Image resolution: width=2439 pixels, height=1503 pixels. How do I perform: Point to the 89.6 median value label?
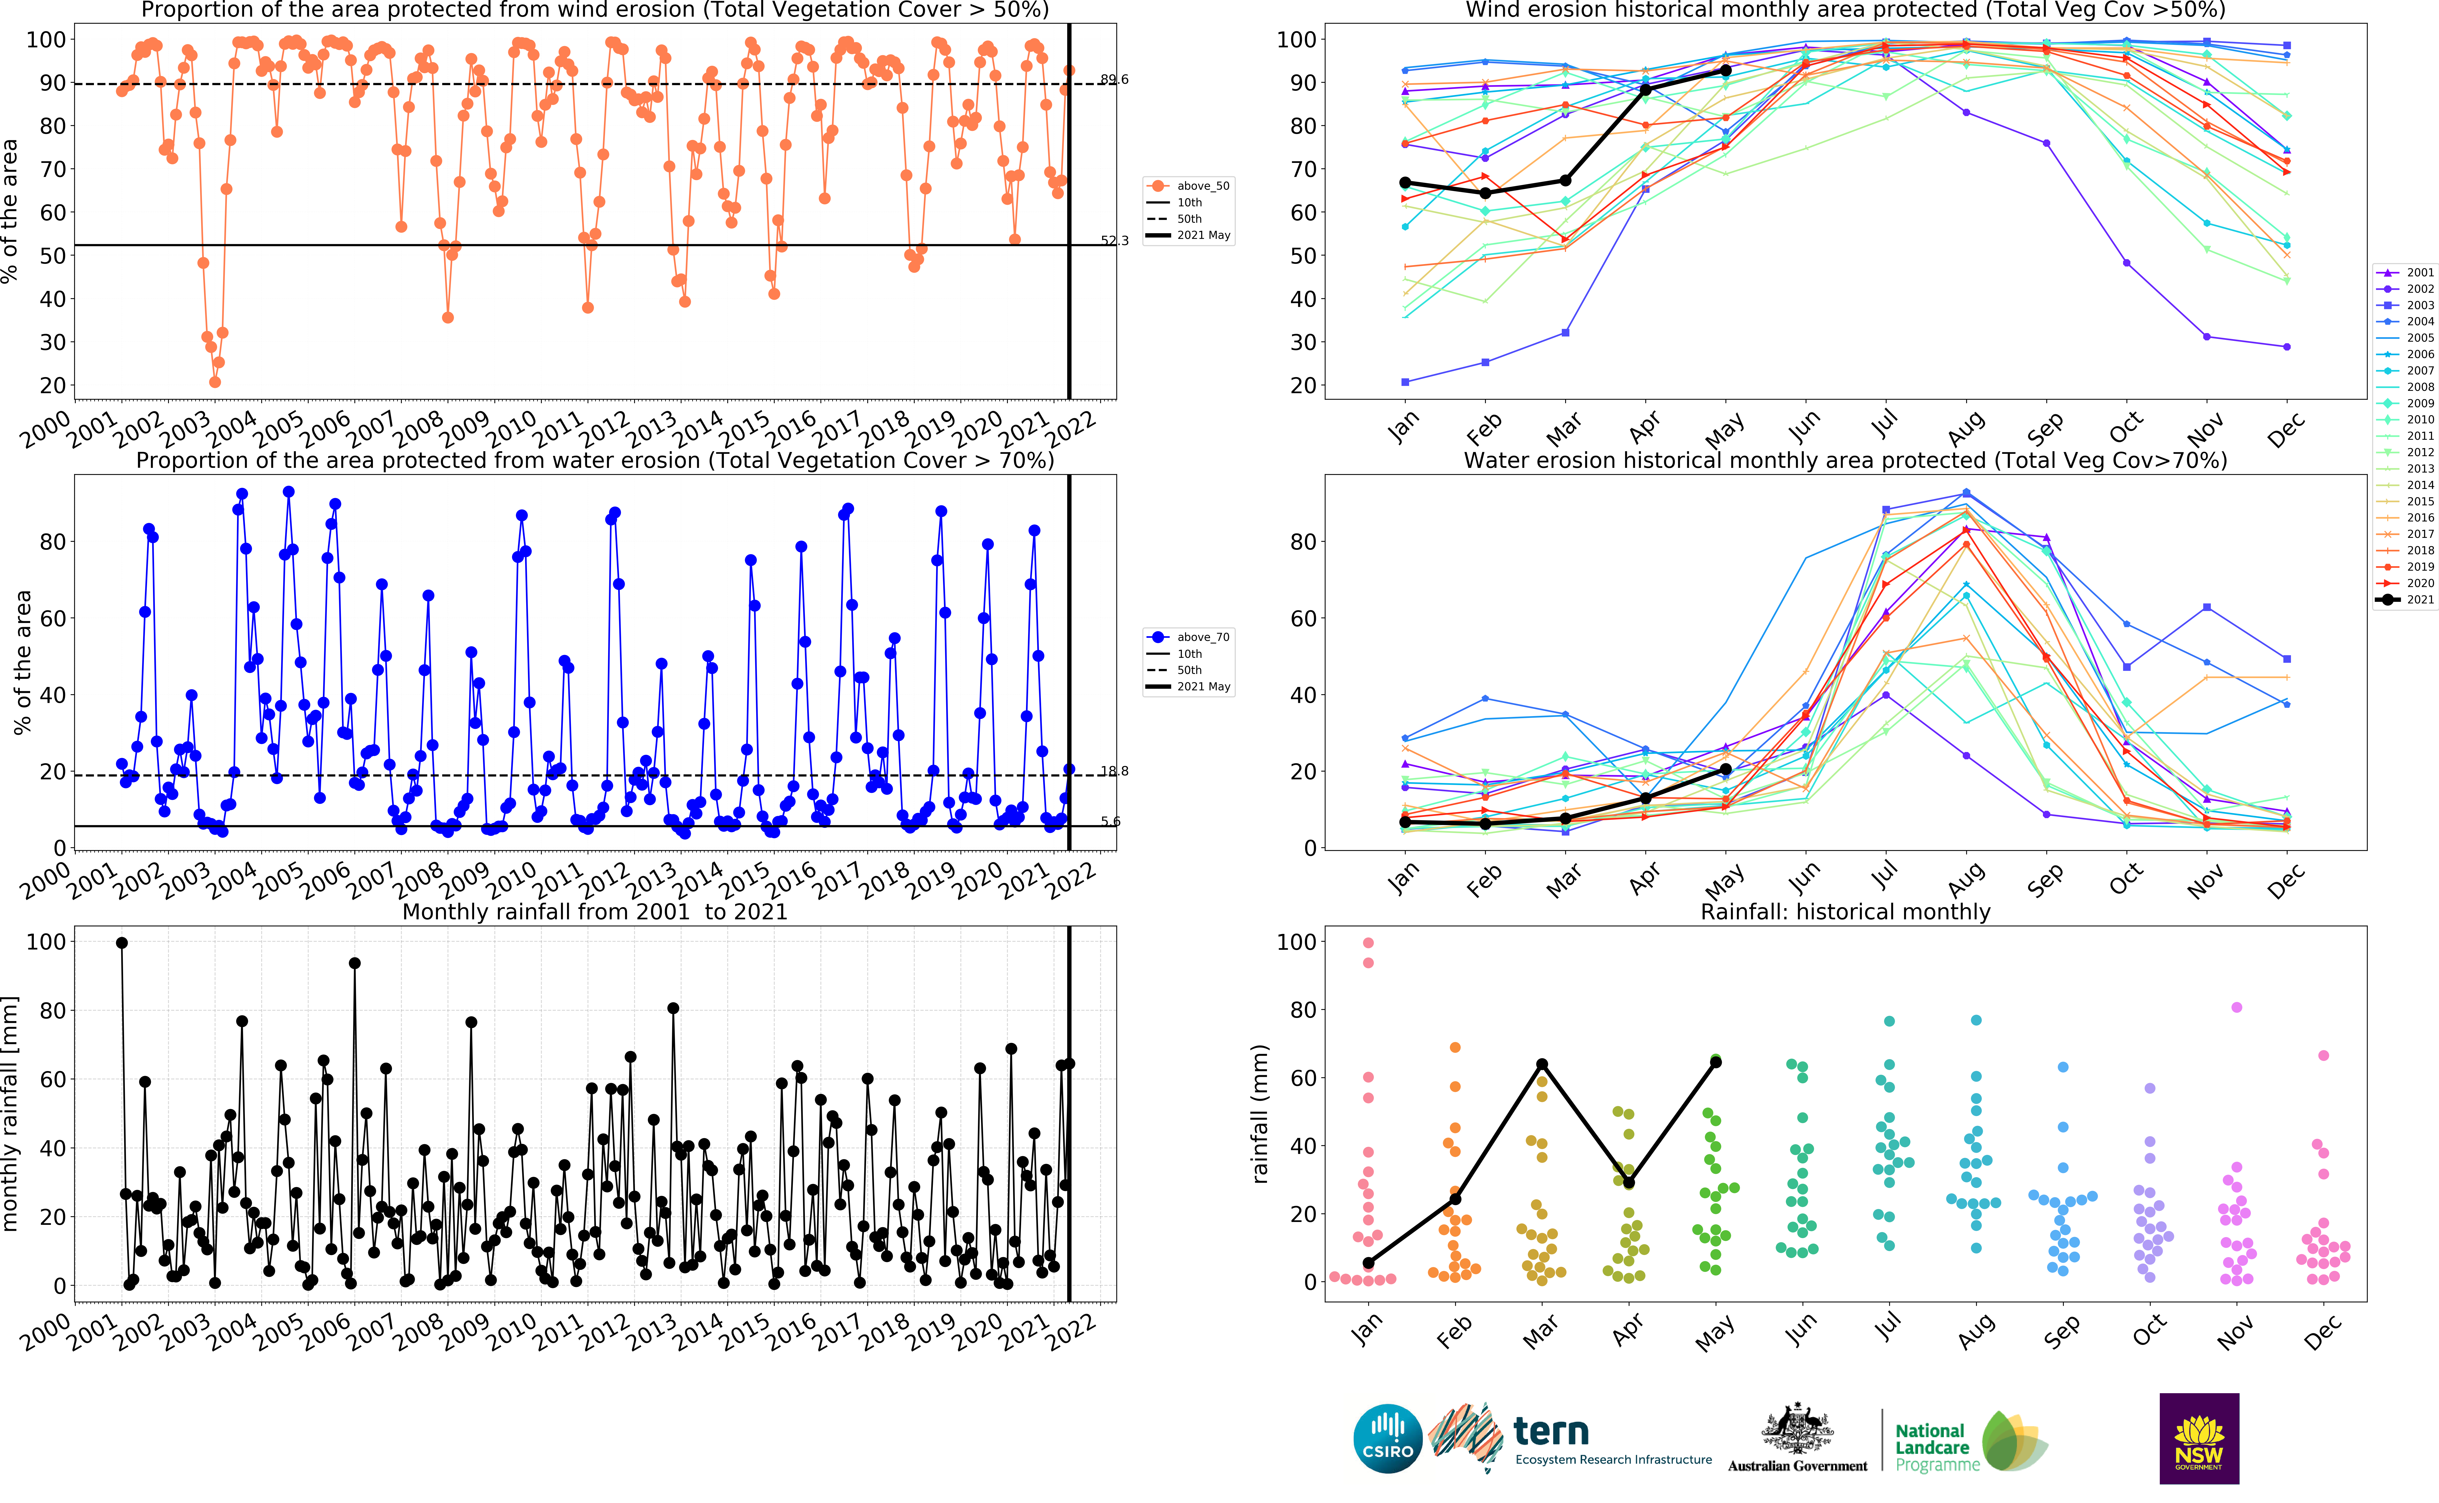tap(1114, 80)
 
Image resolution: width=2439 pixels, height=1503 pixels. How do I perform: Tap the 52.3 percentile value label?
tap(1114, 240)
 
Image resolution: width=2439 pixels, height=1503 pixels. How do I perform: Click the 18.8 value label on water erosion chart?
tap(1114, 771)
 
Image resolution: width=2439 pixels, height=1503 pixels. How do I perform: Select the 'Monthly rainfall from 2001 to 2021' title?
tap(594, 912)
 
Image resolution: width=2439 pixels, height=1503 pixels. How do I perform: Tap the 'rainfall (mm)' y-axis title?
tap(1260, 1113)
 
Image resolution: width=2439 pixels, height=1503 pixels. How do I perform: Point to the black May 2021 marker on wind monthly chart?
tap(1725, 71)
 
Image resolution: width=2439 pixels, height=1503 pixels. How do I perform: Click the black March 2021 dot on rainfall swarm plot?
tap(1542, 1065)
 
